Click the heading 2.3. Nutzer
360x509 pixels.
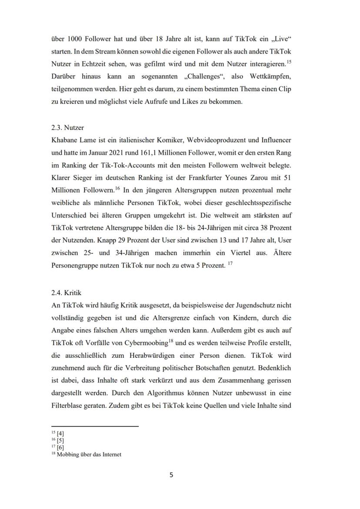pyautogui.click(x=67, y=128)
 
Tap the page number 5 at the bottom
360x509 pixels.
pyautogui.click(x=171, y=475)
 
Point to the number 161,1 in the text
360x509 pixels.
pyautogui.click(x=170, y=153)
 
